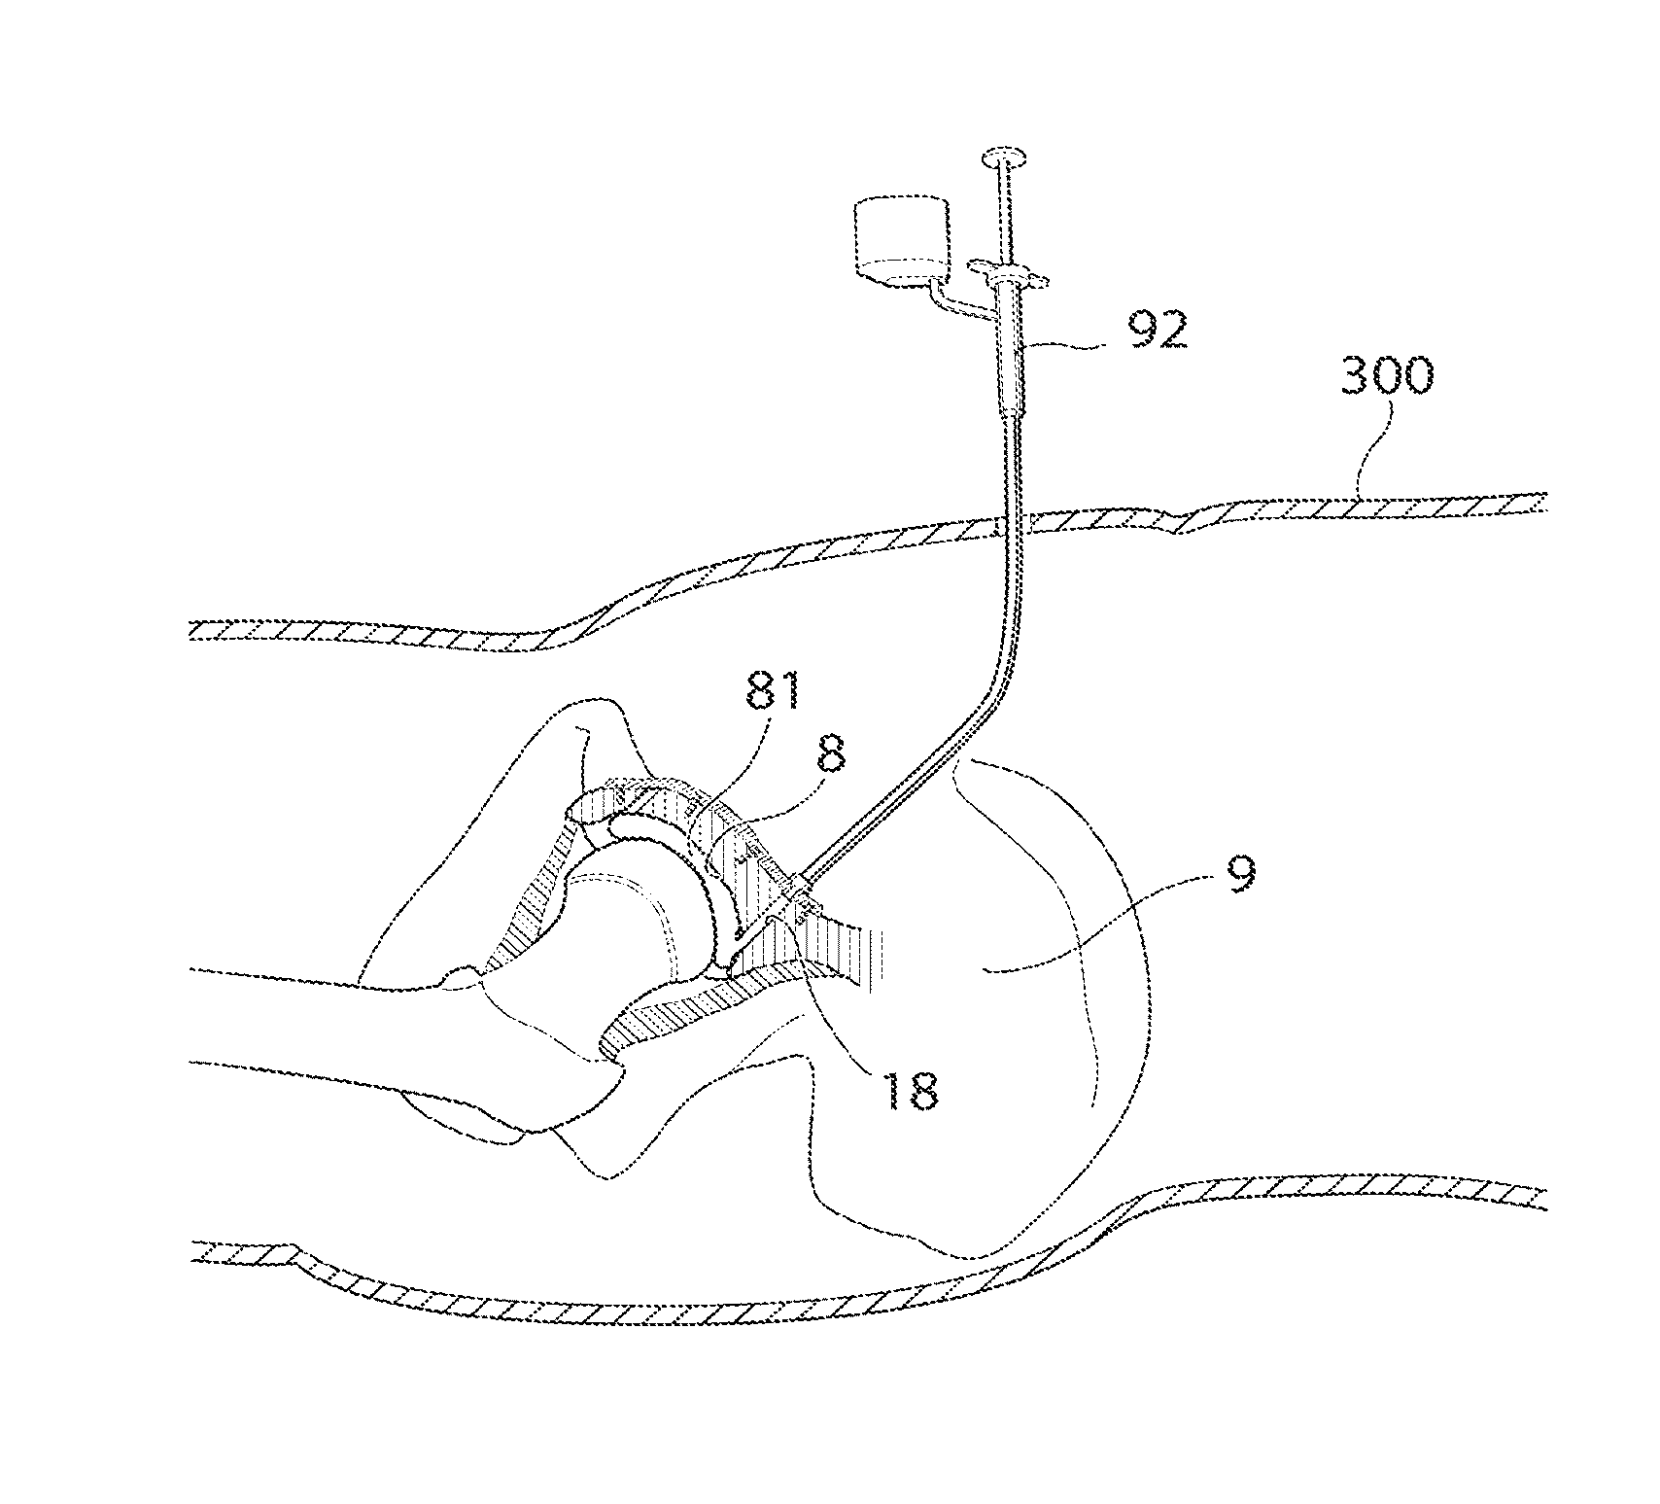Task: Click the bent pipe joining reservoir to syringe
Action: click(957, 304)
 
